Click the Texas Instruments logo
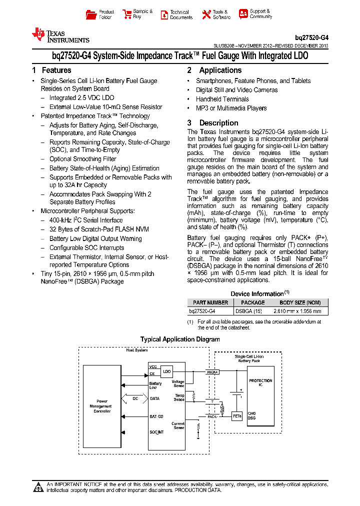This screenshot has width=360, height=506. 60,35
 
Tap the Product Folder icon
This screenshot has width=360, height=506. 91,14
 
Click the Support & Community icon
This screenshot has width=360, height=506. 243,14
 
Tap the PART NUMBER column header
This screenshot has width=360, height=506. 210,302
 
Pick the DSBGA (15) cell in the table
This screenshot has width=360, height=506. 248,311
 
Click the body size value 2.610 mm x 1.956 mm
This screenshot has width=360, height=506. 300,311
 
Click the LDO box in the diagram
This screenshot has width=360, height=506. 166,371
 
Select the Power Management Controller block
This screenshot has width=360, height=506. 102,405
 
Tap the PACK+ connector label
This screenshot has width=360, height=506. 213,371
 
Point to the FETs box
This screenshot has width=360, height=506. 237,415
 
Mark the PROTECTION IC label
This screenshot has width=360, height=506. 260,382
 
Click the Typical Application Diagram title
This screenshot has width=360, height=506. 180,339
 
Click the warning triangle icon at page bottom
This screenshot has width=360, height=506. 37,487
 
